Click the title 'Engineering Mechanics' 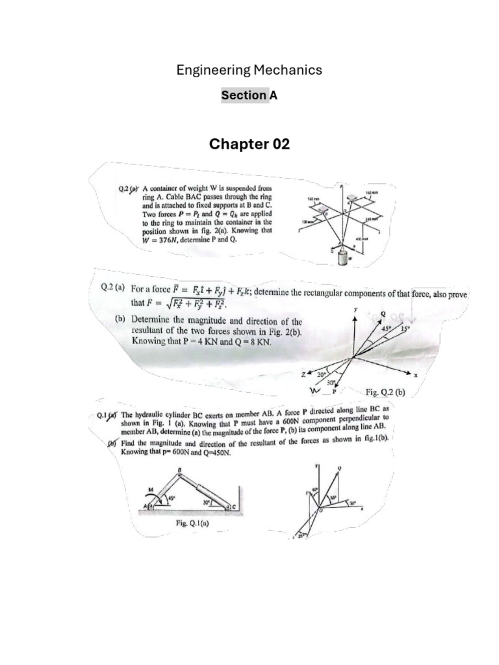(x=249, y=69)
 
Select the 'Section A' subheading (x=249, y=95)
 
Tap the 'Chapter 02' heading (x=249, y=144)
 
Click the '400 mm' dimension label (x=360, y=240)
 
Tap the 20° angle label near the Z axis (x=321, y=375)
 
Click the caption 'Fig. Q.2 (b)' (x=385, y=392)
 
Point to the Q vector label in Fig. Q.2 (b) (x=382, y=314)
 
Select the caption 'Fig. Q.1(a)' (x=193, y=522)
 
